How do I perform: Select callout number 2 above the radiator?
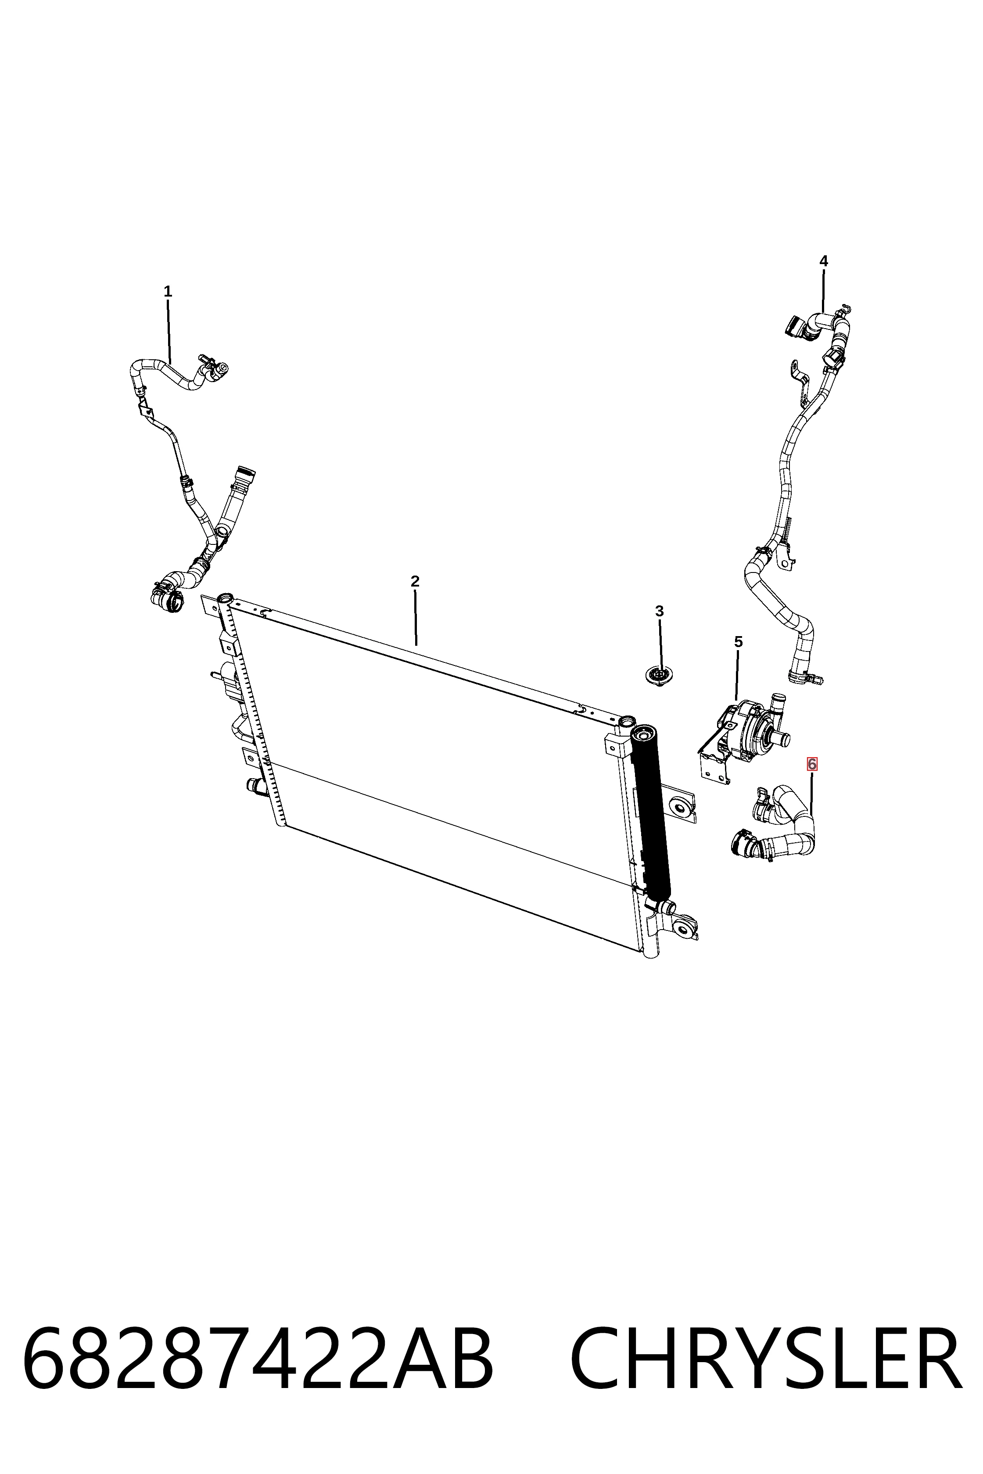pyautogui.click(x=415, y=581)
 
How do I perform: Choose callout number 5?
pyautogui.click(x=739, y=642)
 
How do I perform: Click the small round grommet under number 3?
pyautogui.click(x=658, y=676)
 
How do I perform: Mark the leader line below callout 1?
pyautogui.click(x=169, y=332)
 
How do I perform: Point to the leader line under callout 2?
pyautogui.click(x=416, y=617)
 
